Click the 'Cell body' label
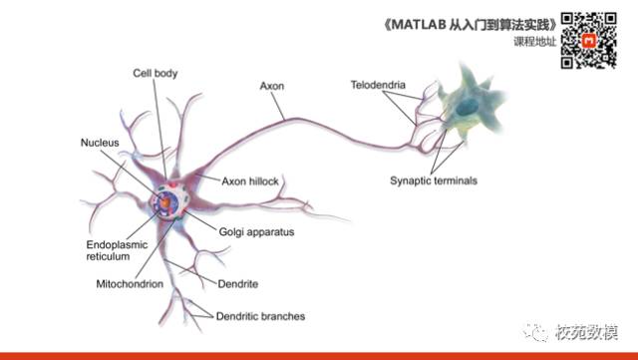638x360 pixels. pyautogui.click(x=156, y=74)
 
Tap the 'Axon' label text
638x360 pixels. pyautogui.click(x=272, y=86)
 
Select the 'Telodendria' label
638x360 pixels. pyautogui.click(x=378, y=85)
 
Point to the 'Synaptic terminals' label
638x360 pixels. pyautogui.click(x=434, y=180)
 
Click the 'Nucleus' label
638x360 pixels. pyautogui.click(x=100, y=143)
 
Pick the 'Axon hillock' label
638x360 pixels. pyautogui.click(x=250, y=181)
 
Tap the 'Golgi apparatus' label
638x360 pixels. pyautogui.click(x=256, y=232)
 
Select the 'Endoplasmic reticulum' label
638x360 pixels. pyautogui.click(x=117, y=250)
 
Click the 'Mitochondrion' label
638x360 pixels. pyautogui.click(x=130, y=284)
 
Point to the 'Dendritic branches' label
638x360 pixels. pyautogui.click(x=260, y=316)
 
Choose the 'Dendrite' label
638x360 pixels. pyautogui.click(x=238, y=284)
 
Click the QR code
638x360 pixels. pyautogui.click(x=589, y=40)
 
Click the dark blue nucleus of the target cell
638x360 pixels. pyautogui.click(x=468, y=107)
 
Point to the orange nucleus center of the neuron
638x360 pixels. pyautogui.click(x=164, y=202)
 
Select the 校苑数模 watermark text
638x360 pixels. pyautogui.click(x=587, y=332)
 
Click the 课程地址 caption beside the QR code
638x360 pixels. pyautogui.click(x=534, y=41)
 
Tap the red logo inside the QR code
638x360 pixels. pyautogui.click(x=589, y=41)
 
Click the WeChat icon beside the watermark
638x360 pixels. pyautogui.click(x=535, y=333)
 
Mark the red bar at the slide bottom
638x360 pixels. pyautogui.click(x=319, y=356)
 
